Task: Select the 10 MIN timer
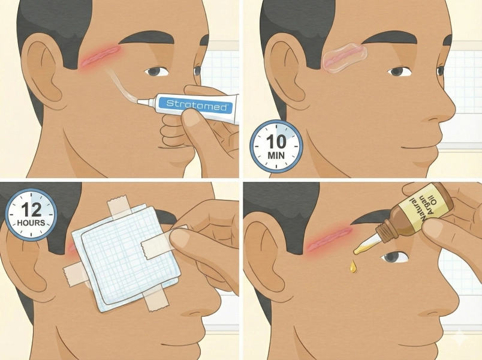(276, 146)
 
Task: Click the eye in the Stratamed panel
(157, 71)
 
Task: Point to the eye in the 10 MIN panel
(399, 71)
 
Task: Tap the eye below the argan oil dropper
(396, 257)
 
